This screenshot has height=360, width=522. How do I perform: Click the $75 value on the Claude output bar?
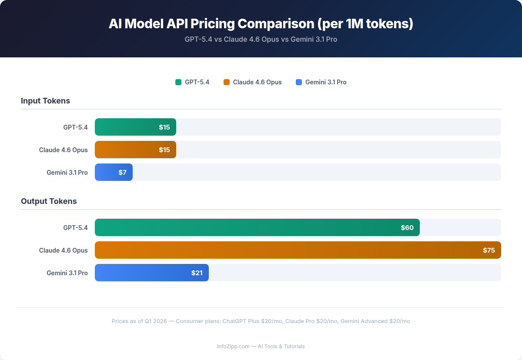489,250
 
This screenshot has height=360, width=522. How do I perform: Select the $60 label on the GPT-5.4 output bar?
407,227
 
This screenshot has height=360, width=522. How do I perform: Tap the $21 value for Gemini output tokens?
197,273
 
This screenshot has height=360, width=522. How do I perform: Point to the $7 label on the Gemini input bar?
122,172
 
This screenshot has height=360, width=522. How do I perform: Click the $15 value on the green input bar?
164,127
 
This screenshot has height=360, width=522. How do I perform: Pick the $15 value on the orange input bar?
164,150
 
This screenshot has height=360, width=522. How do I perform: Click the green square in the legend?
178,82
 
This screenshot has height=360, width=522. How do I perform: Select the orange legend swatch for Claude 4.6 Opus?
227,82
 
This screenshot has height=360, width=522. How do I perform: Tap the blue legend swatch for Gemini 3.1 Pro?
299,82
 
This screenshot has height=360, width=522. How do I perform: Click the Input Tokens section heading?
45,101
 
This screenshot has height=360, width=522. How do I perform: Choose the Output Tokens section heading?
49,201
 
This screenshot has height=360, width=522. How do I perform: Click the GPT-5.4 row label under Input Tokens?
75,127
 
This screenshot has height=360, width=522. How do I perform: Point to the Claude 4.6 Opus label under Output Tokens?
64,250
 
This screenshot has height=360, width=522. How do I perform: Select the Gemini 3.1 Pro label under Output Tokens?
67,273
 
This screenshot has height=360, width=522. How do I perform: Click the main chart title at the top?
261,23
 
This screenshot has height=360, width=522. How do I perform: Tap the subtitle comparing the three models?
261,39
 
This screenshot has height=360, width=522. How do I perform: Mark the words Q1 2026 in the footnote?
155,321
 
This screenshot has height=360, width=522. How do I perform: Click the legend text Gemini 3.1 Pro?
326,82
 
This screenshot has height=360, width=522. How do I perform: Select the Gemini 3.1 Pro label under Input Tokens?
67,172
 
